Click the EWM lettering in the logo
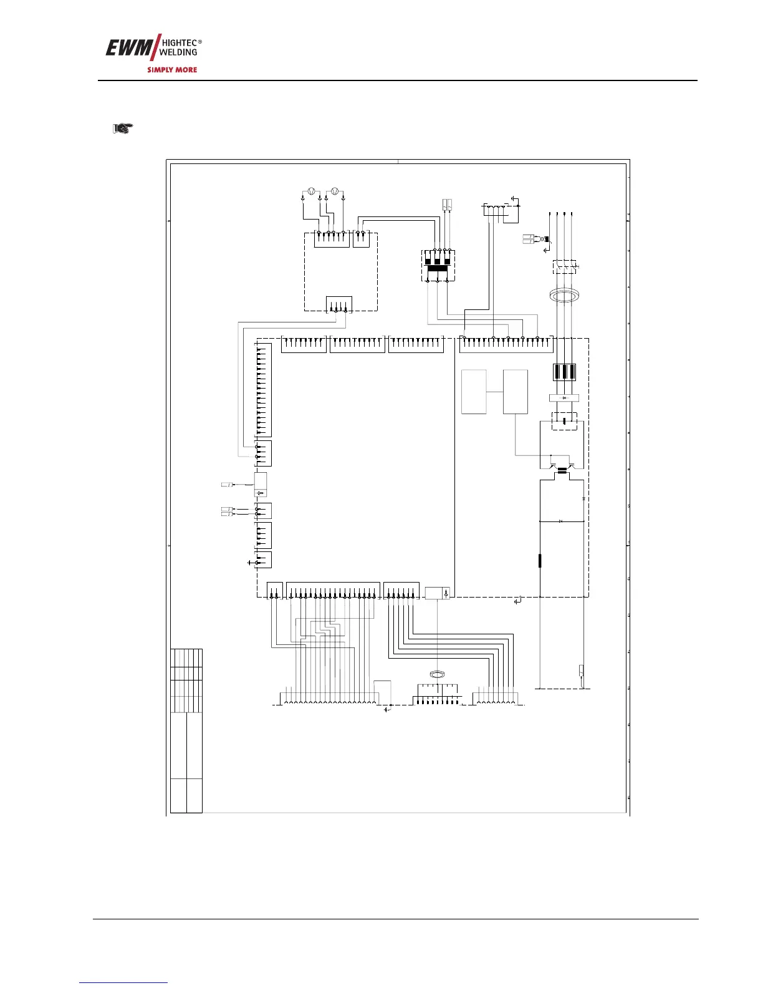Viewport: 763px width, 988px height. [x=130, y=48]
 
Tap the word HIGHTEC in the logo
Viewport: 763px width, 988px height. [x=180, y=43]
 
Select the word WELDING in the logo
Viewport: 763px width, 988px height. [x=178, y=52]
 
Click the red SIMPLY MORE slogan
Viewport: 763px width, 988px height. [x=172, y=70]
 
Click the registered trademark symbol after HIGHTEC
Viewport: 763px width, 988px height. [x=200, y=41]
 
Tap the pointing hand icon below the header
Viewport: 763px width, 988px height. [x=123, y=128]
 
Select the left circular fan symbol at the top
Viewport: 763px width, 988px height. [x=311, y=191]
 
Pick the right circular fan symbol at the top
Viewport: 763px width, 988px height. [x=335, y=191]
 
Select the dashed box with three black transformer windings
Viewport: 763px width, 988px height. [x=438, y=266]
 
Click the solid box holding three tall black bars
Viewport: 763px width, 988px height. [x=564, y=372]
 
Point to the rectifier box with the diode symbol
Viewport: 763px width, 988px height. [x=564, y=398]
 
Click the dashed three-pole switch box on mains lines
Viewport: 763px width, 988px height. [x=564, y=267]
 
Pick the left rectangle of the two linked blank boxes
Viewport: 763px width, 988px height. [x=474, y=392]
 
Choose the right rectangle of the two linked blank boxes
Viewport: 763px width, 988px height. [x=516, y=392]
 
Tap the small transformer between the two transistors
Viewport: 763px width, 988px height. [x=563, y=471]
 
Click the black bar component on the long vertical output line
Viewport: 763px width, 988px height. [x=540, y=561]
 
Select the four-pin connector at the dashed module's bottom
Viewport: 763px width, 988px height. [x=339, y=304]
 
